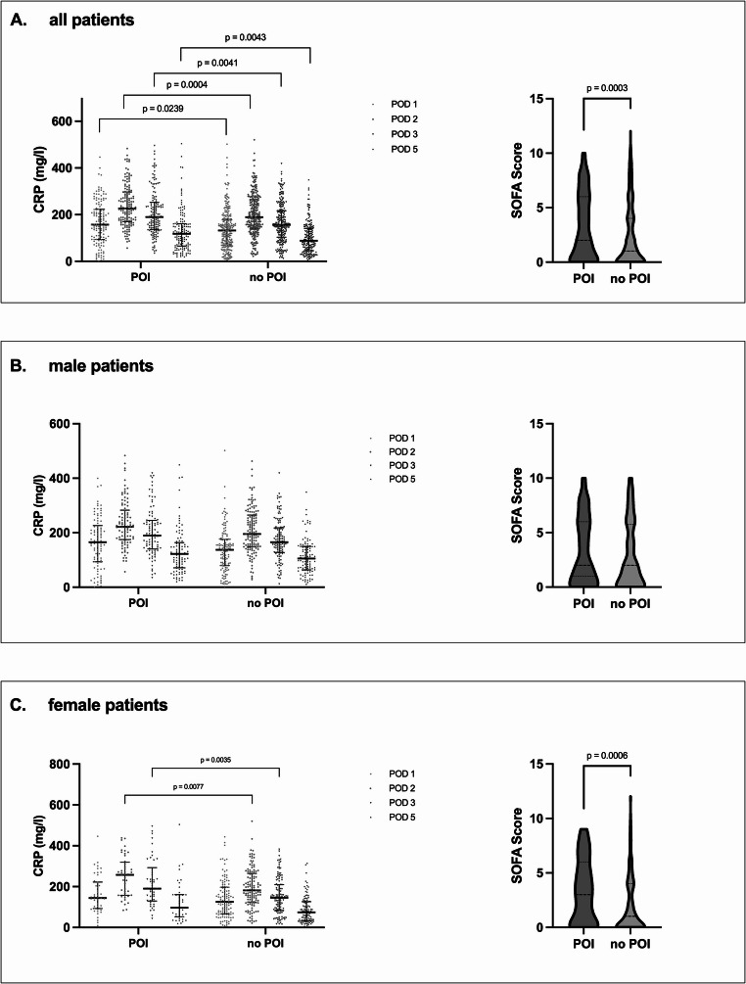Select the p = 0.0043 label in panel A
246,37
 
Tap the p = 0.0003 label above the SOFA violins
608,87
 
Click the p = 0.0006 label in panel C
608,743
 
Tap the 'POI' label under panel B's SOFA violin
583,604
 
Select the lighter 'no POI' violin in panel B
632,548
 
